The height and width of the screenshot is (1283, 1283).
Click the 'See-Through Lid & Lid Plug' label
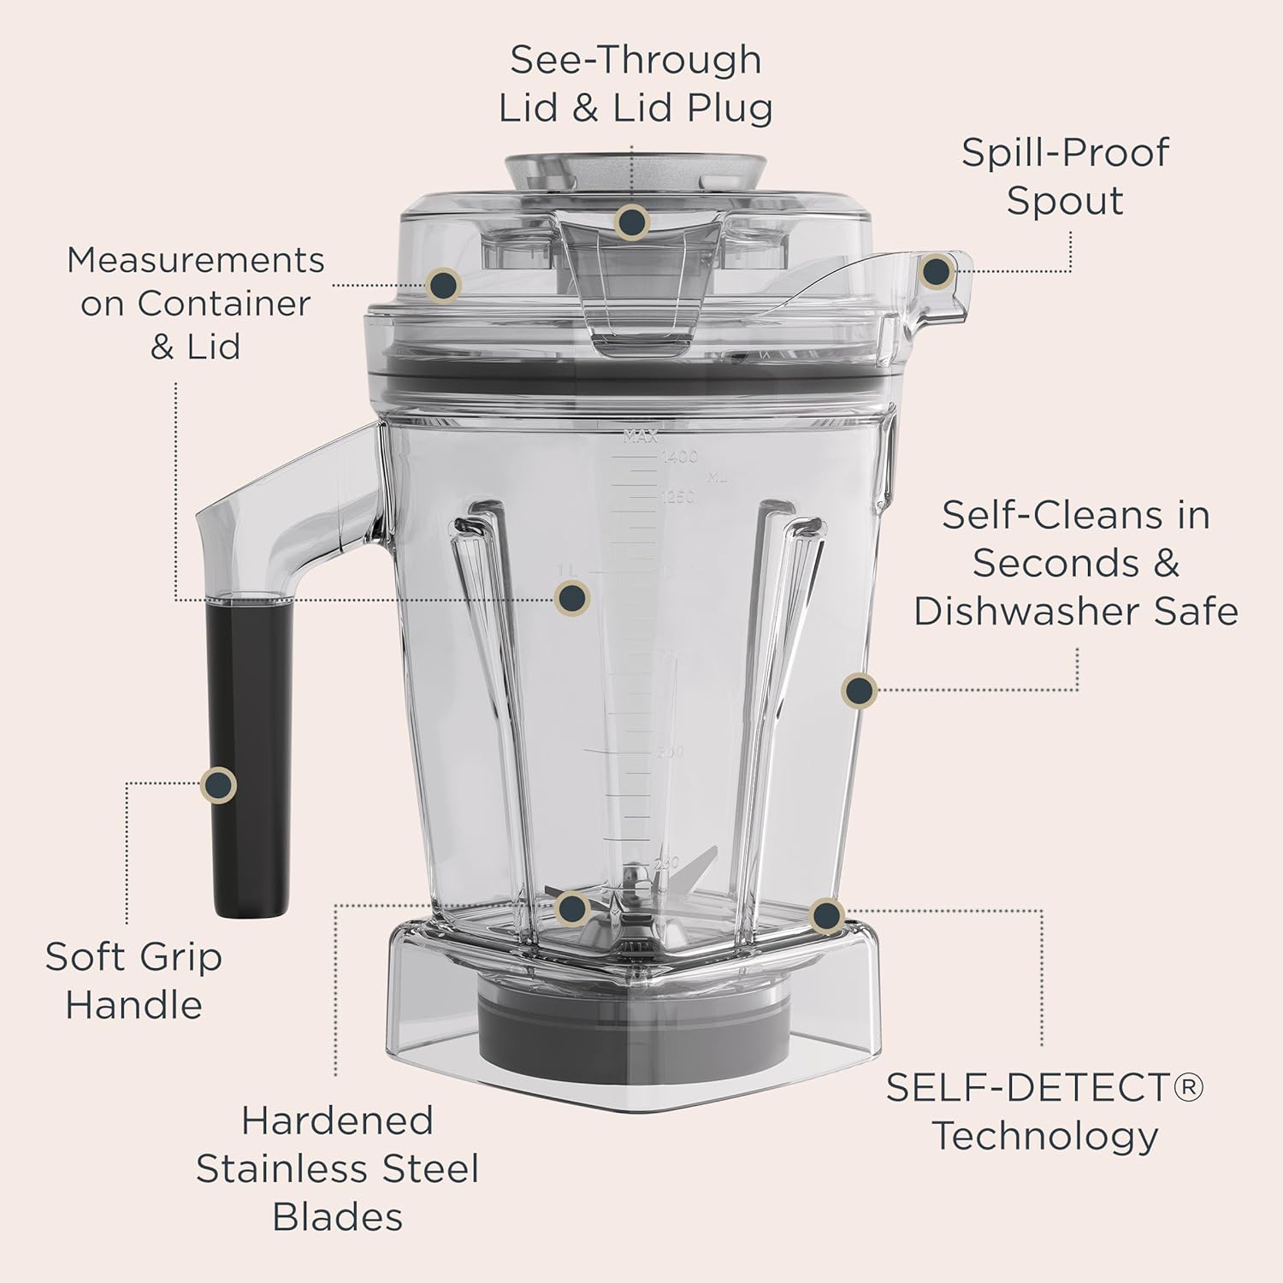[x=635, y=84]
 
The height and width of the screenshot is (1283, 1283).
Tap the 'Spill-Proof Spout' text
[x=1064, y=176]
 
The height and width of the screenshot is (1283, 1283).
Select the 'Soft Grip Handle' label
[x=133, y=980]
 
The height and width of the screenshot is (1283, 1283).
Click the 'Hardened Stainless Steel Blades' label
[x=337, y=1168]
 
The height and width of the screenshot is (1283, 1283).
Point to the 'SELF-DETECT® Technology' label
[x=1044, y=1112]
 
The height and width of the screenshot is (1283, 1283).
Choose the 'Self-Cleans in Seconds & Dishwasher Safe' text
[x=1075, y=564]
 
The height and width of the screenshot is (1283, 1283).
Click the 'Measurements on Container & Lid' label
[x=196, y=303]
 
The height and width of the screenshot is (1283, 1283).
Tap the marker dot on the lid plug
[x=631, y=222]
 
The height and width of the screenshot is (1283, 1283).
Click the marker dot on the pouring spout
[x=936, y=271]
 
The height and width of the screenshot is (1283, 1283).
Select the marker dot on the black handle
[x=218, y=784]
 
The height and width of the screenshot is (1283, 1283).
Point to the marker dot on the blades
[x=571, y=908]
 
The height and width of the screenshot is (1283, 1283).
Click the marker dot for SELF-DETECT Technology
[x=825, y=916]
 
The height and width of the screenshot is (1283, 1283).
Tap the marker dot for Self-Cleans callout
[x=859, y=689]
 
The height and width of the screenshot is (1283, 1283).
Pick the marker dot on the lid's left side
[x=443, y=284]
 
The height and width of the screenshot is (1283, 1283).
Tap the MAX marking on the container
[x=640, y=437]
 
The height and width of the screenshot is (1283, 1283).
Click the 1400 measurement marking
[x=680, y=458]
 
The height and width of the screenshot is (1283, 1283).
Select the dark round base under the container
[x=633, y=1026]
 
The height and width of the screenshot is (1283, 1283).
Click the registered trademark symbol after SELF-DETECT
[x=1188, y=1087]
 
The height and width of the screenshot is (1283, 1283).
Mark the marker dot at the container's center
[x=571, y=597]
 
